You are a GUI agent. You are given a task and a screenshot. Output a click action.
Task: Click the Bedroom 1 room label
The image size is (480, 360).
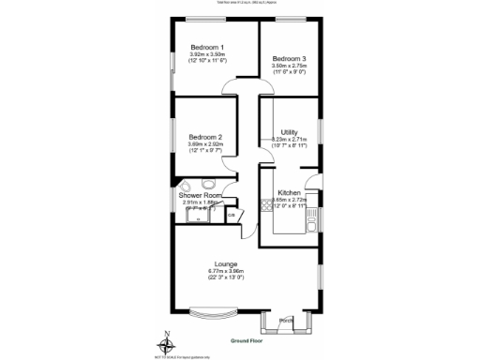click(207, 48)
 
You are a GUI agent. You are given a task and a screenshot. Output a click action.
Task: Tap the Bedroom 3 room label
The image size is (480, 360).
click(290, 59)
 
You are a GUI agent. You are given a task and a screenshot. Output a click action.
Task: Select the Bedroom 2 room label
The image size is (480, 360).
click(205, 137)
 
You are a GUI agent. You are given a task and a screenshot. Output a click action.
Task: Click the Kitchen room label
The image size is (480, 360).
click(289, 192)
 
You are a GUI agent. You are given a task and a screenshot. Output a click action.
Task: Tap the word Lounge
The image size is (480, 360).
click(225, 264)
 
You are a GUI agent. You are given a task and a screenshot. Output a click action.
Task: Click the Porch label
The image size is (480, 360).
click(287, 321)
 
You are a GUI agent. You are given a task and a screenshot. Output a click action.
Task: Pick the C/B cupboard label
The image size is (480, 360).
click(232, 215)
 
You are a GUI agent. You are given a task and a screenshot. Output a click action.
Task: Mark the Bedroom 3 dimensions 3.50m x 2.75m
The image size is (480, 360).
click(290, 67)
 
